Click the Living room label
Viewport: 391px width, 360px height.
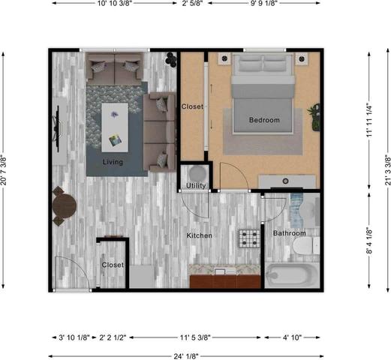(x=113, y=162)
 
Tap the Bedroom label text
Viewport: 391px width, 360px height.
(x=264, y=120)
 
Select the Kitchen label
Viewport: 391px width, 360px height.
(x=200, y=235)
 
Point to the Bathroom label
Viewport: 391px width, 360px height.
(x=289, y=233)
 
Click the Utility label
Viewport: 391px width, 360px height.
(x=197, y=184)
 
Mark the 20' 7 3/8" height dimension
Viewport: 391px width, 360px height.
(x=5, y=169)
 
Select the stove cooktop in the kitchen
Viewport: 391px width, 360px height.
(x=249, y=239)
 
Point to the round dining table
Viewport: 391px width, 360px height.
(x=64, y=203)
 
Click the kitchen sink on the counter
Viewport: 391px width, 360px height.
(x=221, y=271)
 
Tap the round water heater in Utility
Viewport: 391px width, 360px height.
(x=192, y=171)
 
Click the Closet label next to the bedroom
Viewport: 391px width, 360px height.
(x=192, y=106)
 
